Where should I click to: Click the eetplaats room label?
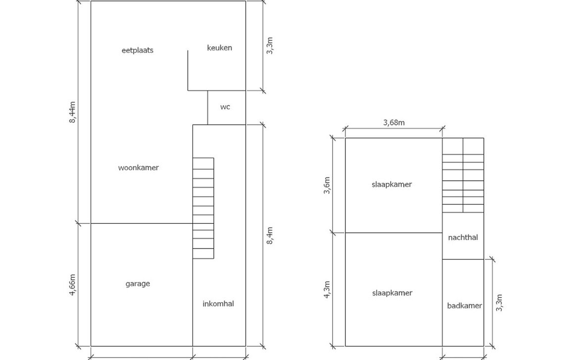(138, 50)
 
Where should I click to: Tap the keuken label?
(219, 48)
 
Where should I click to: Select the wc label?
(225, 106)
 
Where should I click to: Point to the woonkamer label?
(139, 167)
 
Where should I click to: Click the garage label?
(138, 284)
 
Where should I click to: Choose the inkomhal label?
(218, 304)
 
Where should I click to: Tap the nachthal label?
(463, 237)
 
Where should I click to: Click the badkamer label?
(465, 306)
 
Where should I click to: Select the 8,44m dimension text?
(72, 112)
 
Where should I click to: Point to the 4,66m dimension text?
(72, 285)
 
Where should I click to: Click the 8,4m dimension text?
(270, 236)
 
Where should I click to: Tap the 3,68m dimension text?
(394, 123)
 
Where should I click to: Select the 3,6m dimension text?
(327, 185)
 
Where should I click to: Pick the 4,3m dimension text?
(327, 290)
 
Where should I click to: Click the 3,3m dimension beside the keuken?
(270, 46)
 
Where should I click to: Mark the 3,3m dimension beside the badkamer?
(499, 303)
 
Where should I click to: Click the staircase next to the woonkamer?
(203, 208)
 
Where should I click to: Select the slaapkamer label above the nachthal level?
(392, 184)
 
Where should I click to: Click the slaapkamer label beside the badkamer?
(392, 293)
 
